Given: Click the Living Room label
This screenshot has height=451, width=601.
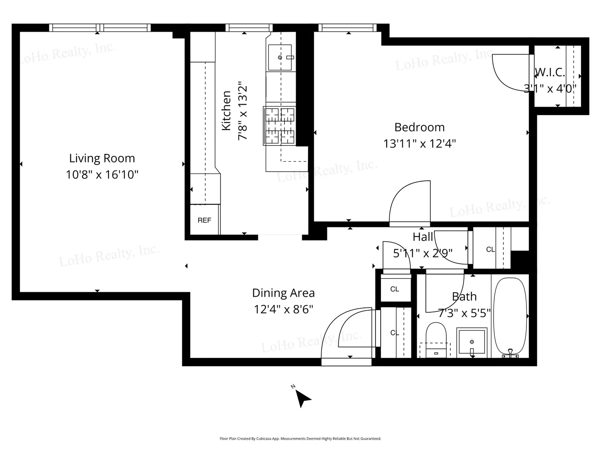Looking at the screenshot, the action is pos(102,158).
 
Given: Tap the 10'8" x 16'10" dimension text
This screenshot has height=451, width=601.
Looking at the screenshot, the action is pos(102,174).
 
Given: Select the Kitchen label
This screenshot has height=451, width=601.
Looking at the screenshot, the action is pos(226,111).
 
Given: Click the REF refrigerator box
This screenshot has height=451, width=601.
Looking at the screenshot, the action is pos(204,220).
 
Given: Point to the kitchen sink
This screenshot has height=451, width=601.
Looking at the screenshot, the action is pos(280,57).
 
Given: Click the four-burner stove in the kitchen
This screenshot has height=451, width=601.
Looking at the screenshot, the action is pos(280,126).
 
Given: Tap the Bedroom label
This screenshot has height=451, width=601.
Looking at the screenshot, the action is pos(419,127).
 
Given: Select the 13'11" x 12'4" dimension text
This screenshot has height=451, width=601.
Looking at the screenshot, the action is pos(419,144).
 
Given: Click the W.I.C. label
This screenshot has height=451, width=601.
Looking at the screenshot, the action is pos(550,72).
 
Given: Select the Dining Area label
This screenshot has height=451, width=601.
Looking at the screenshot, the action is pos(283,293).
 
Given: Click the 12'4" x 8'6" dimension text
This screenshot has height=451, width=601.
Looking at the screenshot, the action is pos(283,309).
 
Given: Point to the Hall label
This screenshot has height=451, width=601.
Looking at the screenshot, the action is pos(423,237).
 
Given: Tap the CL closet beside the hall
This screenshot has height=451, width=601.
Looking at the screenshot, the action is pos(492,248).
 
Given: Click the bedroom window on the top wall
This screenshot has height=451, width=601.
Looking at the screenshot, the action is pos(347,28).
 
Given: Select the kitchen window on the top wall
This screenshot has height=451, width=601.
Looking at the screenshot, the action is pos(249,28).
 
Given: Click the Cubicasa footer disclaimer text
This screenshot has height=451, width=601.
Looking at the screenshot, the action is pos(300,439).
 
